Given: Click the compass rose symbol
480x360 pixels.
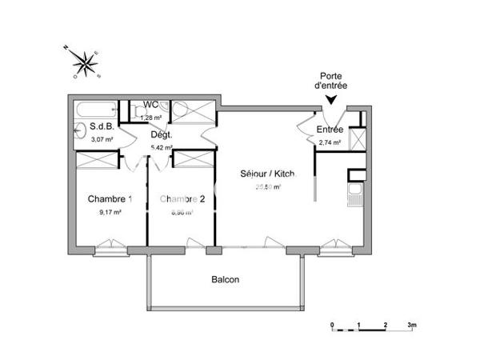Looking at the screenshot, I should pyautogui.click(x=82, y=62).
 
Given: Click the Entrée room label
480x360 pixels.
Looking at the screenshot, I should pyautogui.click(x=330, y=130).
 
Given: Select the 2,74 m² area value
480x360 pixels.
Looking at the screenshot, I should pyautogui.click(x=330, y=143).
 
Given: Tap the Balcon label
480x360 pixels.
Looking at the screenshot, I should pyautogui.click(x=225, y=280).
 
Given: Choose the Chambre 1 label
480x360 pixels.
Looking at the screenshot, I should pyautogui.click(x=110, y=199).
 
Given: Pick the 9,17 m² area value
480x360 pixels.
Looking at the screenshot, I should pyautogui.click(x=110, y=213).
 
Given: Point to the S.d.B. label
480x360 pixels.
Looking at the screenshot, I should pyautogui.click(x=101, y=126).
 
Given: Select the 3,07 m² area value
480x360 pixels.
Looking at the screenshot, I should pyautogui.click(x=102, y=139).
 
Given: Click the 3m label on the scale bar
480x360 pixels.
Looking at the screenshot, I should pyautogui.click(x=412, y=326).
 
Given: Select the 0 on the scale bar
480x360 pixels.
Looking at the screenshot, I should pyautogui.click(x=332, y=326).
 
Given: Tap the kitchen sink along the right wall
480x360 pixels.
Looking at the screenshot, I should pyautogui.click(x=355, y=193).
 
